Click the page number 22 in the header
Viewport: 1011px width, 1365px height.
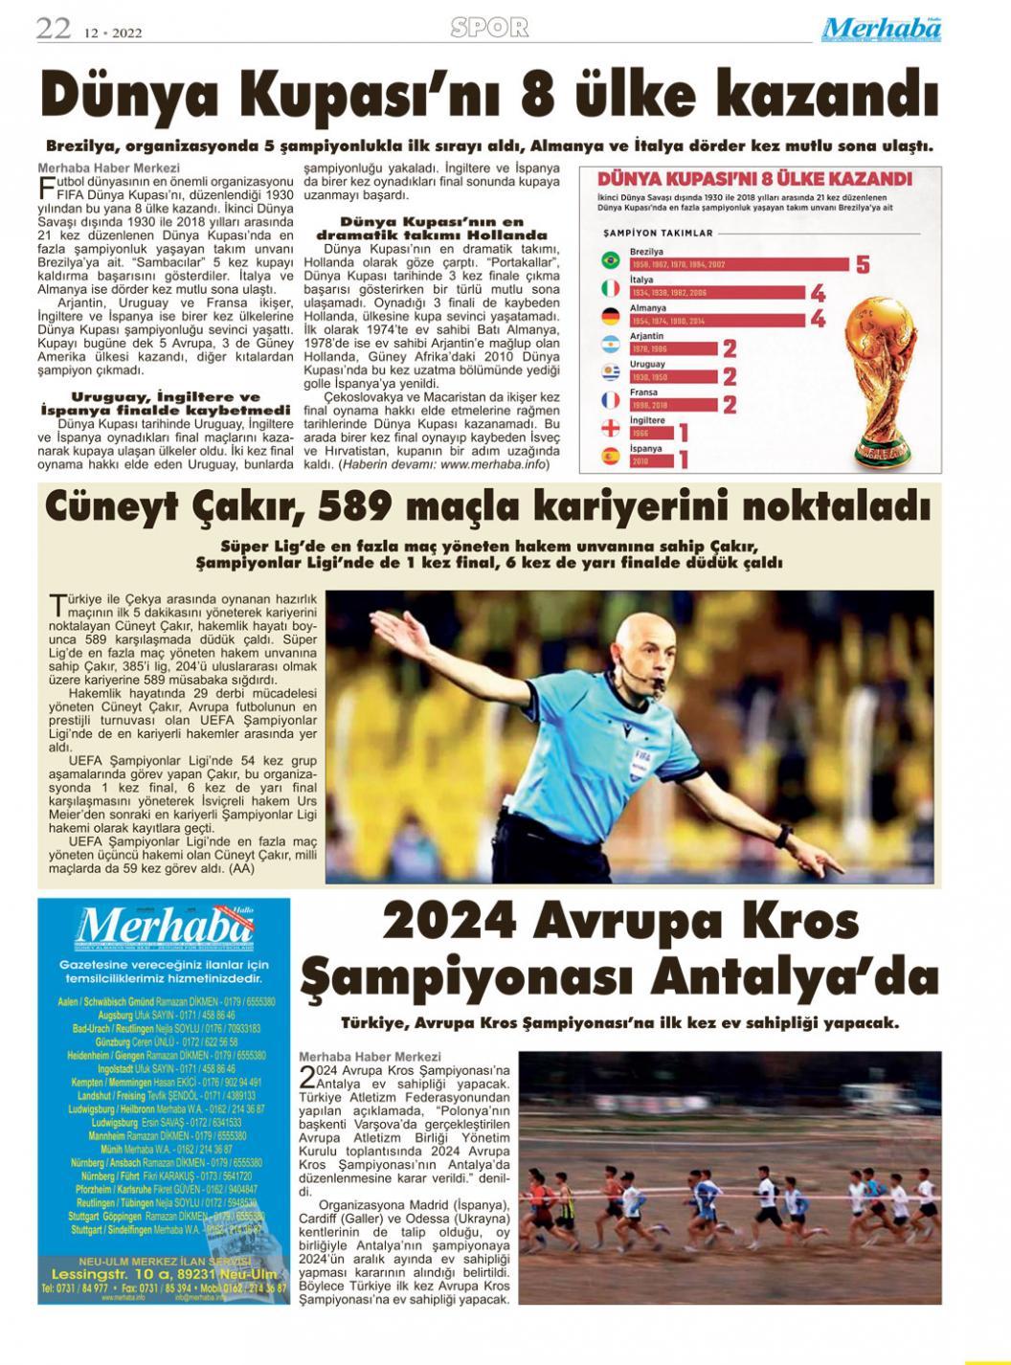54,29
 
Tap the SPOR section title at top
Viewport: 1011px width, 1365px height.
489,28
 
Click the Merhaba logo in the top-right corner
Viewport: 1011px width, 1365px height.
881,30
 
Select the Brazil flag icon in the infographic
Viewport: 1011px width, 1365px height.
609,260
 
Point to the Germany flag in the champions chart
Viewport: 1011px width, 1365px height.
609,316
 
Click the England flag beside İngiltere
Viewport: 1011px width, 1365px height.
609,427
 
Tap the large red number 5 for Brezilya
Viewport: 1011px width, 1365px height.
863,264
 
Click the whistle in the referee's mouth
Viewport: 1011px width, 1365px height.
659,685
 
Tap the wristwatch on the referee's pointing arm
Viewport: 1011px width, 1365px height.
784,837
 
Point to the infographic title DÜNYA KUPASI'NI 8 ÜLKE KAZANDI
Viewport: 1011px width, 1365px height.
754,179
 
